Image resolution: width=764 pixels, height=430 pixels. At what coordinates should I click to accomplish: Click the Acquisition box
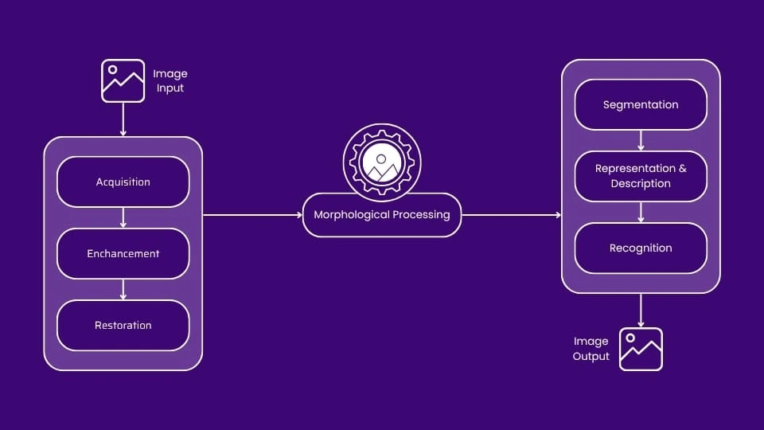123,182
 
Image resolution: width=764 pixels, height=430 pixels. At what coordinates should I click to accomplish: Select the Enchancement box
123,254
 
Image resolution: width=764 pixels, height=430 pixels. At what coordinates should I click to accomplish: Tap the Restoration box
123,326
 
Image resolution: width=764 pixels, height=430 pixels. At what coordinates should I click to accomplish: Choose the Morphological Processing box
382,215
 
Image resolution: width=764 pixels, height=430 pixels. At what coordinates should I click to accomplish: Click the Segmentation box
641,104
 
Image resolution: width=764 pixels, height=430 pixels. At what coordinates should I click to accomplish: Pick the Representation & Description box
641,176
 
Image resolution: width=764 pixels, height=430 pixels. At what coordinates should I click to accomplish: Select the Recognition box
641,248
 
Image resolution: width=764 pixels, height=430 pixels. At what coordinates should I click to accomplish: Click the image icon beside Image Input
123,80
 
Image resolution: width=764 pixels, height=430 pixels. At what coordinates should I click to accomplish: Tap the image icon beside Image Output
641,349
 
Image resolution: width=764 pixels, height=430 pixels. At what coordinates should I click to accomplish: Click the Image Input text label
170,81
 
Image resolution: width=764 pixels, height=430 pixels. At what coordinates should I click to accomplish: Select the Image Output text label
591,349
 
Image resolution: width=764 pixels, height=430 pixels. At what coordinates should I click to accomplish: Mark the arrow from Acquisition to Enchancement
123,217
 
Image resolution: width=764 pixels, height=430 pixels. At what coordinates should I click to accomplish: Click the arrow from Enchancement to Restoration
123,289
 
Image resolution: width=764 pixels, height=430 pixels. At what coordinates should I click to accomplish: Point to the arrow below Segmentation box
641,140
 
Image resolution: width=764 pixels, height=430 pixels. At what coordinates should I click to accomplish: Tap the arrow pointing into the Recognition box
641,212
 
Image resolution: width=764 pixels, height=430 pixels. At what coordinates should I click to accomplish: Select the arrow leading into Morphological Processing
252,215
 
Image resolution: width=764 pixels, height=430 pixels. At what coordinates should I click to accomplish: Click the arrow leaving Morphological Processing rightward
511,215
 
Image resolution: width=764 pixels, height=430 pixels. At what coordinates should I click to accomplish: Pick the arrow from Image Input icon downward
123,119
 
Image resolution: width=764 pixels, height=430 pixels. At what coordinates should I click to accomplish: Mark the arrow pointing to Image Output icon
641,310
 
